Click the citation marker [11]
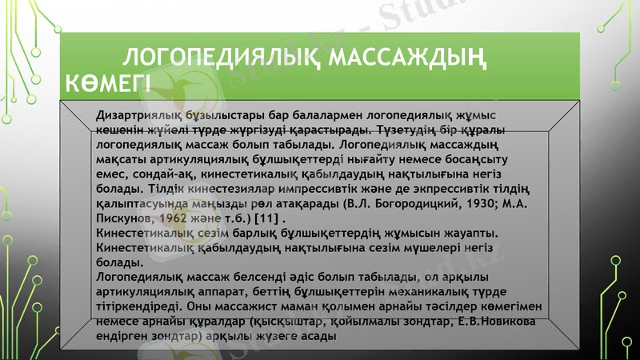point(267,218)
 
